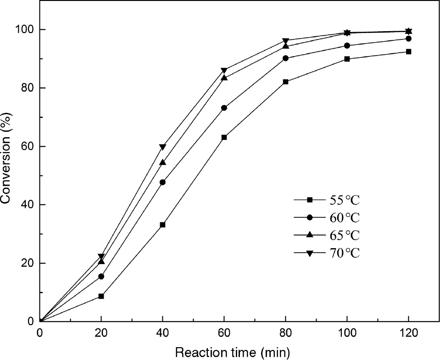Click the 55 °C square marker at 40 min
pyautogui.click(x=162, y=225)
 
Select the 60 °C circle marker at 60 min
pyautogui.click(x=224, y=108)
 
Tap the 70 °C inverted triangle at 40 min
pyautogui.click(x=162, y=147)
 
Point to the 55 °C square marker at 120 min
pyautogui.click(x=408, y=51)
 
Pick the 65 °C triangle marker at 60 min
pyautogui.click(x=224, y=78)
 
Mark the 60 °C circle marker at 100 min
pyautogui.click(x=347, y=45)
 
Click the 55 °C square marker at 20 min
pyautogui.click(x=101, y=296)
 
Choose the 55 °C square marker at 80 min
pyautogui.click(x=285, y=82)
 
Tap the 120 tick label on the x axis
pyautogui.click(x=408, y=333)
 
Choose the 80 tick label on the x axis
pyautogui.click(x=285, y=333)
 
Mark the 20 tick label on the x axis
pyautogui.click(x=101, y=333)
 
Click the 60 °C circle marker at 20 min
pyautogui.click(x=101, y=277)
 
